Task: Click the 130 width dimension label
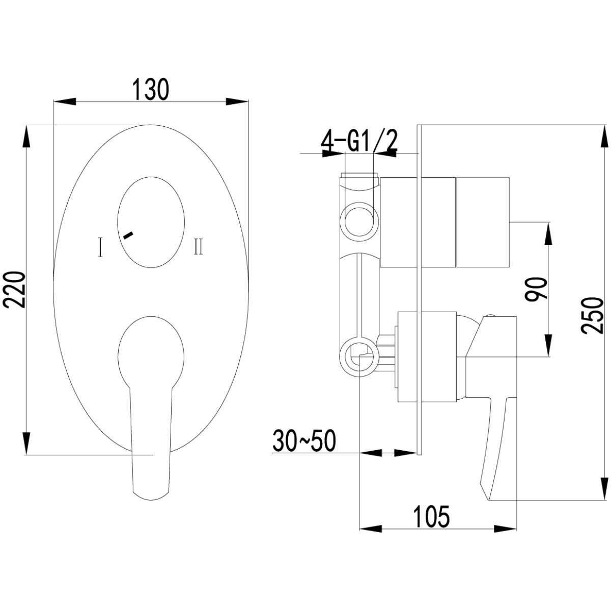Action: point(150,89)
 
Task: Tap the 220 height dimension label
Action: point(14,290)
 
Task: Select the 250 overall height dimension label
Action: point(591,315)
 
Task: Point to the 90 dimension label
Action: point(536,289)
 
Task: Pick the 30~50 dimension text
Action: point(304,441)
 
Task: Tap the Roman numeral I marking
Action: point(100,247)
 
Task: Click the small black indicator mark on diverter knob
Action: point(128,235)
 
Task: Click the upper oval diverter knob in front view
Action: point(151,222)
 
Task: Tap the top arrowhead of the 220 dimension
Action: point(26,136)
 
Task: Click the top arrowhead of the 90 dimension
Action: point(548,233)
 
